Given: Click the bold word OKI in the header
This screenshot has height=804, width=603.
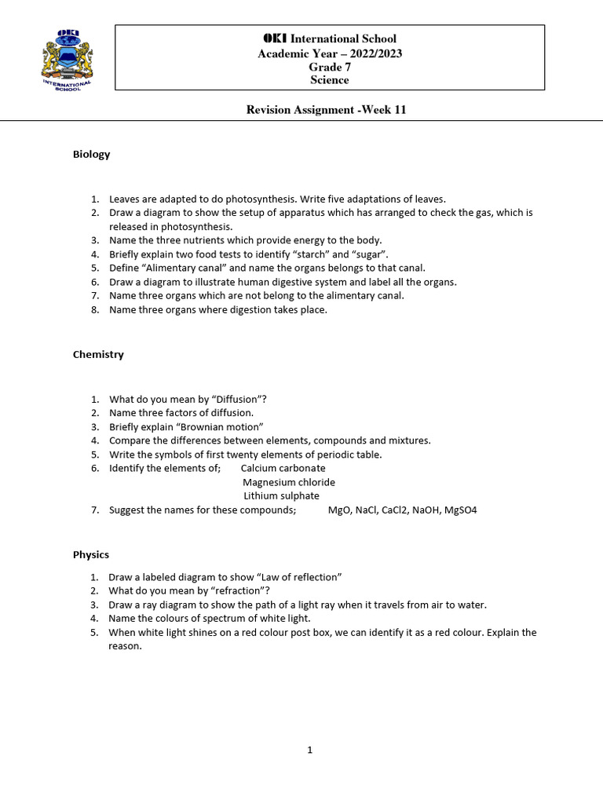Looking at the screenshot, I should coord(276,38).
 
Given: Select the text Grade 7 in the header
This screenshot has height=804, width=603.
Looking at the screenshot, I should coord(329,67).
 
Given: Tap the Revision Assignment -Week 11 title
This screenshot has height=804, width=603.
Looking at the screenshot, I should coord(327,110).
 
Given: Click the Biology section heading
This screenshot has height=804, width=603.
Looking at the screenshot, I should coord(91,154).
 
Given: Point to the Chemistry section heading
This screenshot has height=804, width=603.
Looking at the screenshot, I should coord(98,354).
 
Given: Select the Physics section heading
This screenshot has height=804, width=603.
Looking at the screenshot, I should coord(91,554).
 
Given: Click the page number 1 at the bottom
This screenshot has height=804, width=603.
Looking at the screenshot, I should coord(309,750).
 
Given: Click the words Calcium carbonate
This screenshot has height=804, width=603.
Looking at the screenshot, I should coord(283,468).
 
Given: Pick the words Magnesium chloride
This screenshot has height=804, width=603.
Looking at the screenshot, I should coord(289,482).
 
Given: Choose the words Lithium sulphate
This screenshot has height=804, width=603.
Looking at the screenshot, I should coord(281,496).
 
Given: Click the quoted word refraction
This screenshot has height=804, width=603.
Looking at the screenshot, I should coord(239,590).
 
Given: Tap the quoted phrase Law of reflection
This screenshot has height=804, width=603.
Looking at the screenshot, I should coord(295,577).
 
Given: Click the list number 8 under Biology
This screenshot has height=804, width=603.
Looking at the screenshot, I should coord(94,310).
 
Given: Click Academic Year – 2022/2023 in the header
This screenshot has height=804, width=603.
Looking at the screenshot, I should coord(329,53).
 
